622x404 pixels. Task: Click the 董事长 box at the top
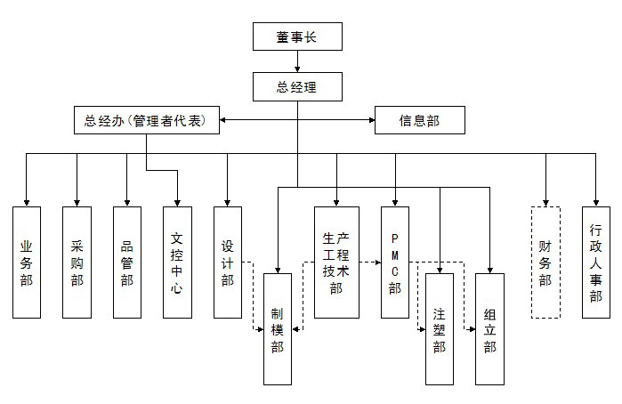[297, 37]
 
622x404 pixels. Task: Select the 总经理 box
[297, 87]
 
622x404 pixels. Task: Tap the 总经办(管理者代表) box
[146, 120]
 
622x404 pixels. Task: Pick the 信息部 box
[419, 120]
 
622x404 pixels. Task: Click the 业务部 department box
[27, 263]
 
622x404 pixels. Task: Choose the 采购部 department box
[77, 263]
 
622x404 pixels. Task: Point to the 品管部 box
[127, 263]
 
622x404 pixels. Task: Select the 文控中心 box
[177, 263]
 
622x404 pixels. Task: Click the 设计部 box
[228, 263]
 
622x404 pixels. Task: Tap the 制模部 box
[278, 328]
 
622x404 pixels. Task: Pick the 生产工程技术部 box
[336, 263]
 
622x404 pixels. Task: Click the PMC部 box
[395, 263]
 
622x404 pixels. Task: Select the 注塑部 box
[440, 328]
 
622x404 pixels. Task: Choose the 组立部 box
[489, 328]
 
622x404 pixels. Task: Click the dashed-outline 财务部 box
[545, 263]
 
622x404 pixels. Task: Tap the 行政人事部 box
[596, 263]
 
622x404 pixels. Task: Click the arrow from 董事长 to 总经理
[297, 62]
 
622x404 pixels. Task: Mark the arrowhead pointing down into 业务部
[27, 202]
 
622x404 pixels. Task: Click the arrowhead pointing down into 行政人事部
[596, 202]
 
